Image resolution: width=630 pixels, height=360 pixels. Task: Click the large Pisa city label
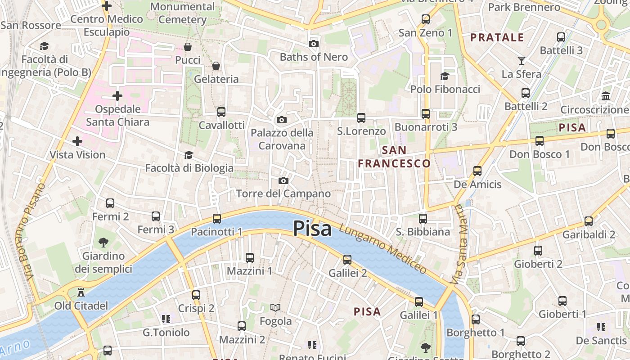coord(312,229)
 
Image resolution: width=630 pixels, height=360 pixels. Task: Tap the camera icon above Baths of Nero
coord(314,44)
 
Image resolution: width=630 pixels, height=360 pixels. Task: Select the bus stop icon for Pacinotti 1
coord(217,219)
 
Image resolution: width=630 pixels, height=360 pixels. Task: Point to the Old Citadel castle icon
coord(81,292)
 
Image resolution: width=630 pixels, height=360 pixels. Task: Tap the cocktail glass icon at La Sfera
coord(522,60)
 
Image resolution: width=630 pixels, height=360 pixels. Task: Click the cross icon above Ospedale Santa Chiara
coord(117,96)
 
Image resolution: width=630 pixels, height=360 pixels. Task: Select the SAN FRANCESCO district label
coord(394,157)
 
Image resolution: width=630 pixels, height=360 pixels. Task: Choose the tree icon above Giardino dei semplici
coord(103,243)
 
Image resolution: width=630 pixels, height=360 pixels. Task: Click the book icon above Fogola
coord(275,308)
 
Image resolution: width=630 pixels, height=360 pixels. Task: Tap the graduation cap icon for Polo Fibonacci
coord(445,76)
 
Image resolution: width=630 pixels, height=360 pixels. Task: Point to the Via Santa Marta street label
coord(459,244)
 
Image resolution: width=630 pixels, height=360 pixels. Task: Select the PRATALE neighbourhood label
coord(497,37)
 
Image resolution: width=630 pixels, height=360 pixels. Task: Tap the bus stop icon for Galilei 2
coord(347,260)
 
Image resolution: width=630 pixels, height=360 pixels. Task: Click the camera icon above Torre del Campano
coord(283,180)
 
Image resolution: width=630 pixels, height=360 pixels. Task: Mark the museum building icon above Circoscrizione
coord(606,96)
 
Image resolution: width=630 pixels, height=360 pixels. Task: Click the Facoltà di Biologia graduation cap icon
coord(189,155)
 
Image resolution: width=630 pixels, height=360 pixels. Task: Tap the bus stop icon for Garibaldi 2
coord(589,221)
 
